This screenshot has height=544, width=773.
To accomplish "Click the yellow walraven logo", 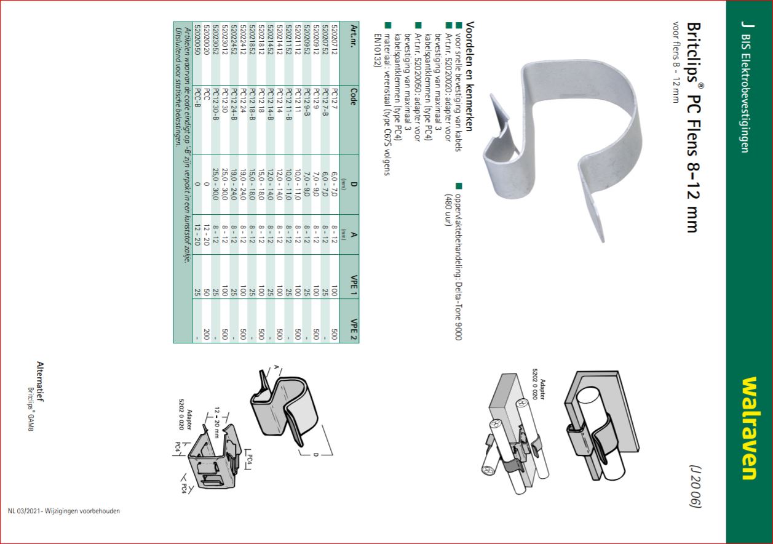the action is click(749, 428).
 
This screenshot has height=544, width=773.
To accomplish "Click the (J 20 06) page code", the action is click(696, 486).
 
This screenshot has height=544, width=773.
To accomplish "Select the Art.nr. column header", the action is click(354, 36).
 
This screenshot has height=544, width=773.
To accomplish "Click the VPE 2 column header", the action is click(354, 329).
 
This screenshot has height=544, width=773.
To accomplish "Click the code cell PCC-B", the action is click(197, 98).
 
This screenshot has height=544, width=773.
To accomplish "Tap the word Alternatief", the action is click(41, 382).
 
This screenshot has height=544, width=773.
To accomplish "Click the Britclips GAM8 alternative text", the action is click(31, 409).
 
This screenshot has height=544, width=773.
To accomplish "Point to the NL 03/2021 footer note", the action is click(64, 511).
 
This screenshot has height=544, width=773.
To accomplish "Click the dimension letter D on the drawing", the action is click(315, 455).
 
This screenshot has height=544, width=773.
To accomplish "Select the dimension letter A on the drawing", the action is click(276, 367).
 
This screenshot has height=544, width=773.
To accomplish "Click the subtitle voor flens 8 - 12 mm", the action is click(676, 62).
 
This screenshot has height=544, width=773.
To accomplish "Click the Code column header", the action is click(354, 97).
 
